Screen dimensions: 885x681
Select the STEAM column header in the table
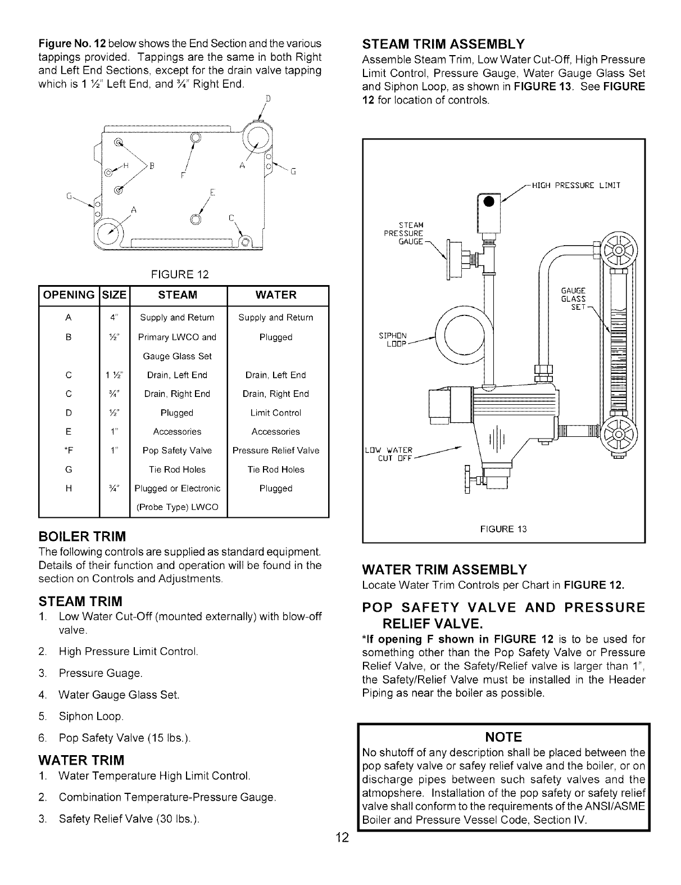pos(178,295)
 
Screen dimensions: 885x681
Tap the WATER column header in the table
pos(276,295)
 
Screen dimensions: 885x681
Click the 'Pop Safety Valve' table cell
pos(178,450)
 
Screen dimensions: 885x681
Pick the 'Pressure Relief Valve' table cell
pos(276,450)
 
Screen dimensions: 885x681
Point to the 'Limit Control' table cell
pos(276,413)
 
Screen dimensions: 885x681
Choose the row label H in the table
pos(69,489)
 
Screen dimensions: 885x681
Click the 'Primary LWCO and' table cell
pos(178,337)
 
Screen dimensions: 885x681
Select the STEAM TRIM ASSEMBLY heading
pos(444,44)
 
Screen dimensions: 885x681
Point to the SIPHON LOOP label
pos(393,340)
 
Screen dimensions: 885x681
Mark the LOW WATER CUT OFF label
pos(389,453)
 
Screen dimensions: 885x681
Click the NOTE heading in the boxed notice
pos(506,737)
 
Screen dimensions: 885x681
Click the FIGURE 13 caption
pos(503,529)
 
